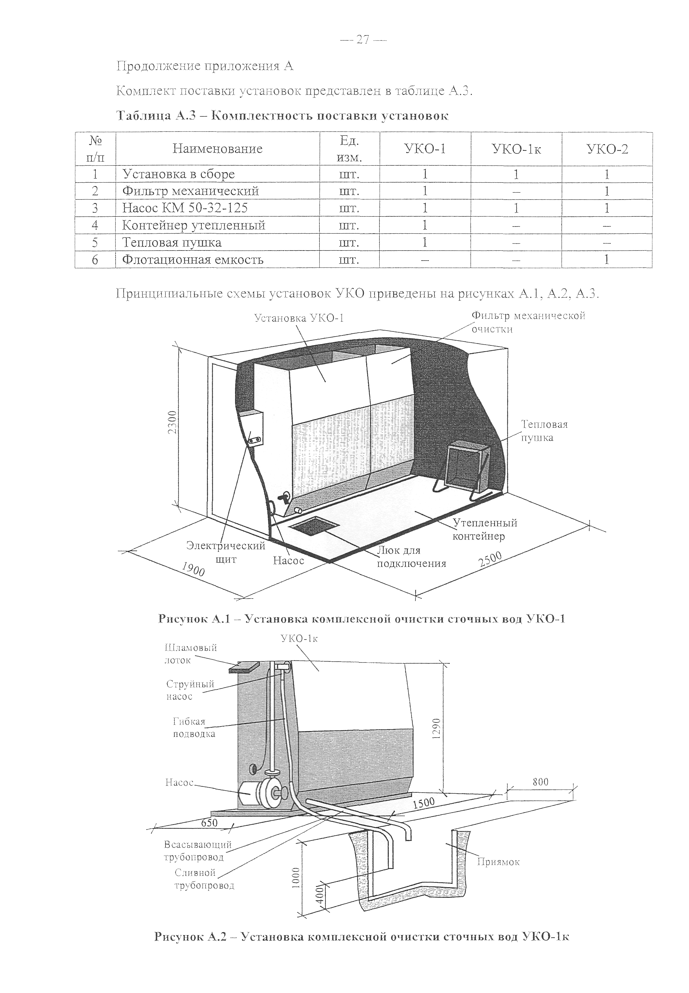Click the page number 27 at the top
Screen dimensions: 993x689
(x=363, y=40)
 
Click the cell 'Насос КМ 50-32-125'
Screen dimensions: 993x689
(x=185, y=208)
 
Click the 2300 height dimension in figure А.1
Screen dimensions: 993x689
(x=172, y=423)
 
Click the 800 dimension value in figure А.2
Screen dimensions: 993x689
(x=540, y=781)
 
